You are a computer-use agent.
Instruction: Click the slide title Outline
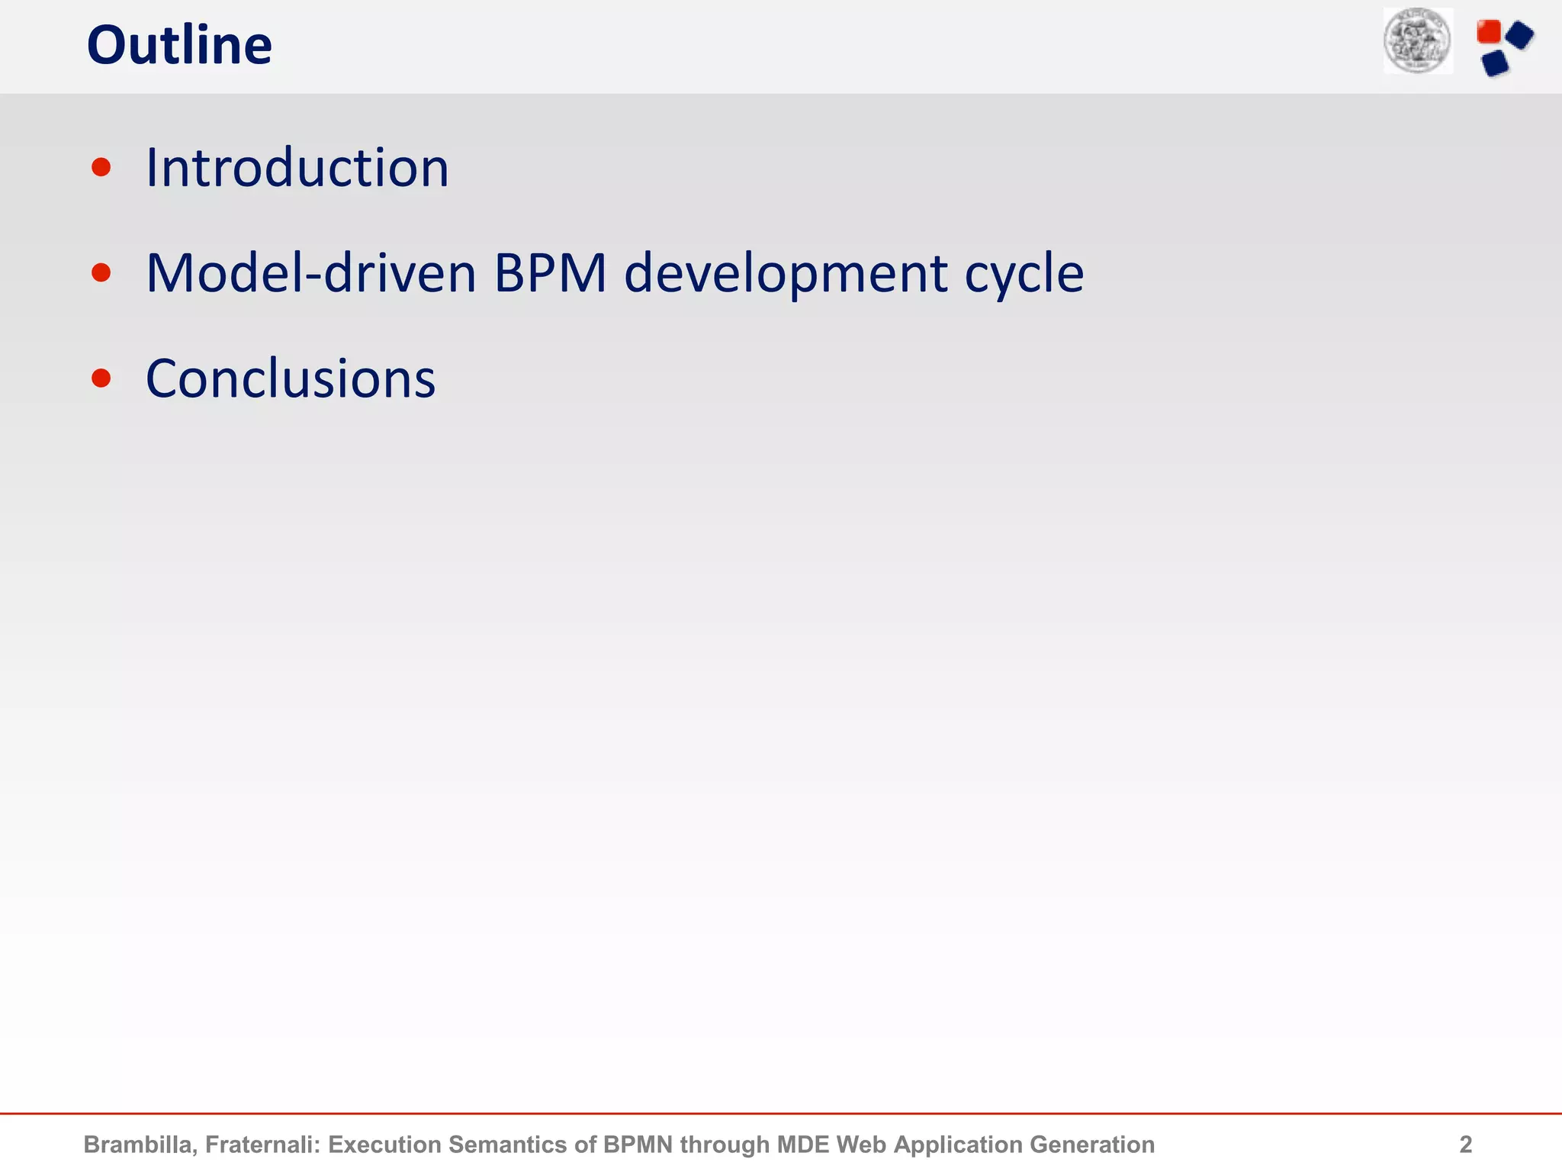tap(179, 46)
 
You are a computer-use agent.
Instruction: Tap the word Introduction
tap(297, 168)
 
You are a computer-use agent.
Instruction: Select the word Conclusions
tap(290, 379)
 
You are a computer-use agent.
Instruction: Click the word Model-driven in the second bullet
tap(310, 273)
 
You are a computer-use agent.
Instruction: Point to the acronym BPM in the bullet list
tap(550, 273)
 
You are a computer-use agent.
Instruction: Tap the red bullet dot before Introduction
tap(101, 167)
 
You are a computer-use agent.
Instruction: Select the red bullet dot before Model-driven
tap(101, 272)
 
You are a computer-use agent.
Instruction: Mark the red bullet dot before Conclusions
tap(101, 378)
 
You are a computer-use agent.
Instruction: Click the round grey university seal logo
tap(1418, 41)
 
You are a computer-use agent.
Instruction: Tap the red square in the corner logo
tap(1488, 32)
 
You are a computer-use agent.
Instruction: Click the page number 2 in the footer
tap(1465, 1145)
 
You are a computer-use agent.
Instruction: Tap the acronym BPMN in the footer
tap(638, 1145)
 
